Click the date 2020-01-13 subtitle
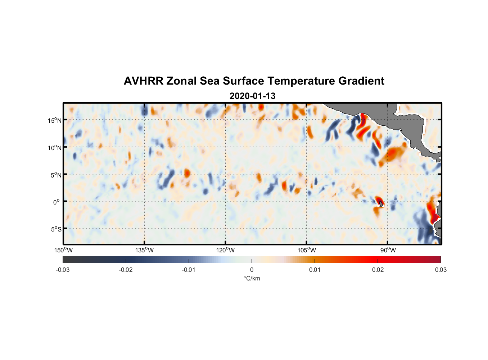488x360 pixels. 252,96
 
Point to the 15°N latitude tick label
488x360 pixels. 55,120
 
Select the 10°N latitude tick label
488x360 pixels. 55,148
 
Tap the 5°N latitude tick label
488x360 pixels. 56,175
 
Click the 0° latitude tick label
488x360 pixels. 57,202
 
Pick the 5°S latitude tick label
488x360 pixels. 56,229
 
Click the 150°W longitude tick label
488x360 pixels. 64,250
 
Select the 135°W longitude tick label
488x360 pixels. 145,250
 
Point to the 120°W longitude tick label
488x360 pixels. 226,250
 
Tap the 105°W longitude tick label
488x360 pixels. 307,250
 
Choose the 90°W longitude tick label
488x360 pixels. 388,250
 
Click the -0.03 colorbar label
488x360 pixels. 63,270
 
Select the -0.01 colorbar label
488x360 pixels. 189,270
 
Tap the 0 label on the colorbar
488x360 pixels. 252,270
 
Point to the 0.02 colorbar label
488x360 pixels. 378,270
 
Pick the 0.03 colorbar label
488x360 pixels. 440,270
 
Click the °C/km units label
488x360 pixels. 252,278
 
